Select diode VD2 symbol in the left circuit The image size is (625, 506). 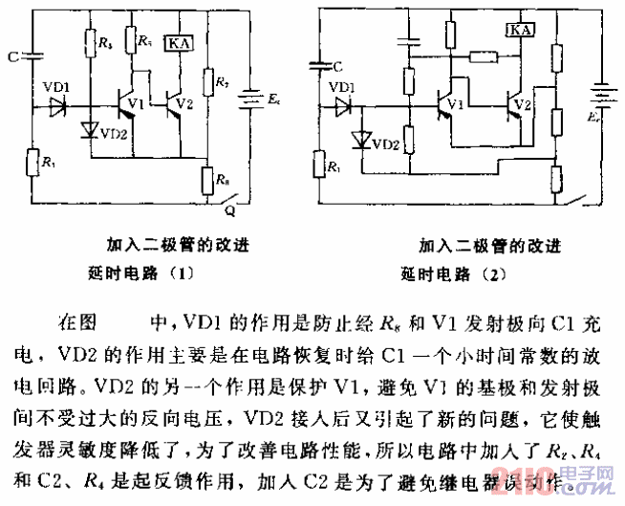(x=92, y=129)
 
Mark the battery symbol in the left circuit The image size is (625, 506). (x=250, y=97)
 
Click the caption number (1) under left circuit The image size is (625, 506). (x=181, y=272)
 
